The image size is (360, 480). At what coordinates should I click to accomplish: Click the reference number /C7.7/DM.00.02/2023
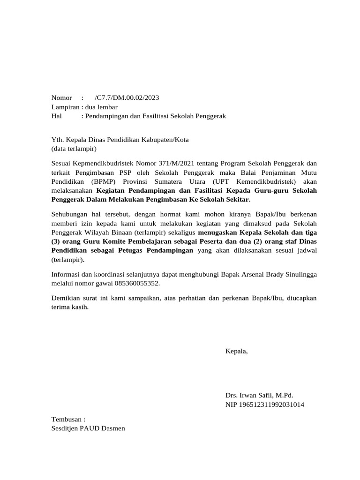pos(127,98)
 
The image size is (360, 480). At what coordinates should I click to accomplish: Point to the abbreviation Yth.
pos(57,140)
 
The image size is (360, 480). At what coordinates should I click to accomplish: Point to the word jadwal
pos(306,250)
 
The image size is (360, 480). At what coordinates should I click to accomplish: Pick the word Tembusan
pos(67,420)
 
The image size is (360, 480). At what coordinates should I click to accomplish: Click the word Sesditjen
pos(66,428)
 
